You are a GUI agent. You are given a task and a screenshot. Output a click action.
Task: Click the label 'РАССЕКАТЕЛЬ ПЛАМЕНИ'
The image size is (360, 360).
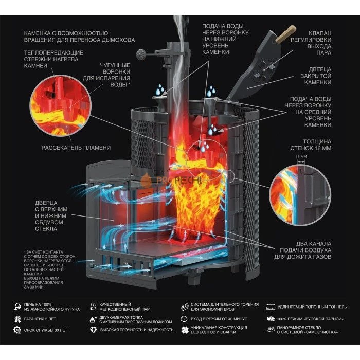(76, 148)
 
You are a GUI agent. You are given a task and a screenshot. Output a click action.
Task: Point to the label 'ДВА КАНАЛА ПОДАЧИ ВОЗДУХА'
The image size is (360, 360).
(310, 250)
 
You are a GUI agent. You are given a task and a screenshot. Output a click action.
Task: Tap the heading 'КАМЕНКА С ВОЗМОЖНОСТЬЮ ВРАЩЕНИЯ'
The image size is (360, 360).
(79, 35)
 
